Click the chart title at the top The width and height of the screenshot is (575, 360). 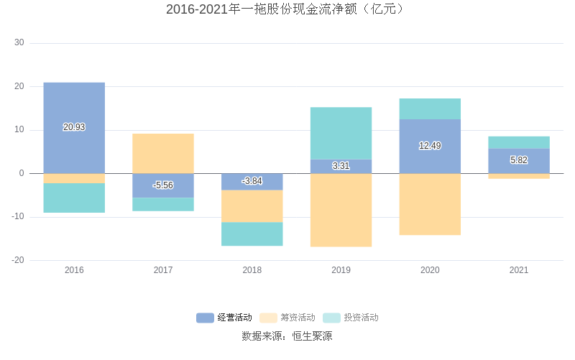[287, 9]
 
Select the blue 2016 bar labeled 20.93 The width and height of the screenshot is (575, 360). [74, 108]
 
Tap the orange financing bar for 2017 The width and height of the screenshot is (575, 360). [163, 153]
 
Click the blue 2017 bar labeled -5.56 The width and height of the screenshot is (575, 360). [163, 185]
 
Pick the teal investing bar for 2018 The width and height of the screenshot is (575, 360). [252, 234]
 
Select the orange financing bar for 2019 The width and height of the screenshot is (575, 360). [341, 210]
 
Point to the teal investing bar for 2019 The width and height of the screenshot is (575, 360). [341, 133]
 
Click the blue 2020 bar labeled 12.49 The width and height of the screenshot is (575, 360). [430, 146]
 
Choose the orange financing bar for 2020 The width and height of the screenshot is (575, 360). [430, 204]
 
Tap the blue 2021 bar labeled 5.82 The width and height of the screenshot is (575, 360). [519, 160]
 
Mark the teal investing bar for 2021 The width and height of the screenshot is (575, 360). [519, 142]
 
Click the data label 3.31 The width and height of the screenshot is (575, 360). [341, 166]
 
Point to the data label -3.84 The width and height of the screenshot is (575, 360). [252, 181]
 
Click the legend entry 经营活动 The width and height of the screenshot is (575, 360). [225, 318]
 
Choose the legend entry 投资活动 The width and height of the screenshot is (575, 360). [351, 318]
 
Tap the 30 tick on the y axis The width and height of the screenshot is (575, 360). [19, 43]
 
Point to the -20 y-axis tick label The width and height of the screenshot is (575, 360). [18, 260]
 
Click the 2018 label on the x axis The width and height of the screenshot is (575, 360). [252, 270]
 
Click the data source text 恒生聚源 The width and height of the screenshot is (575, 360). [313, 336]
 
